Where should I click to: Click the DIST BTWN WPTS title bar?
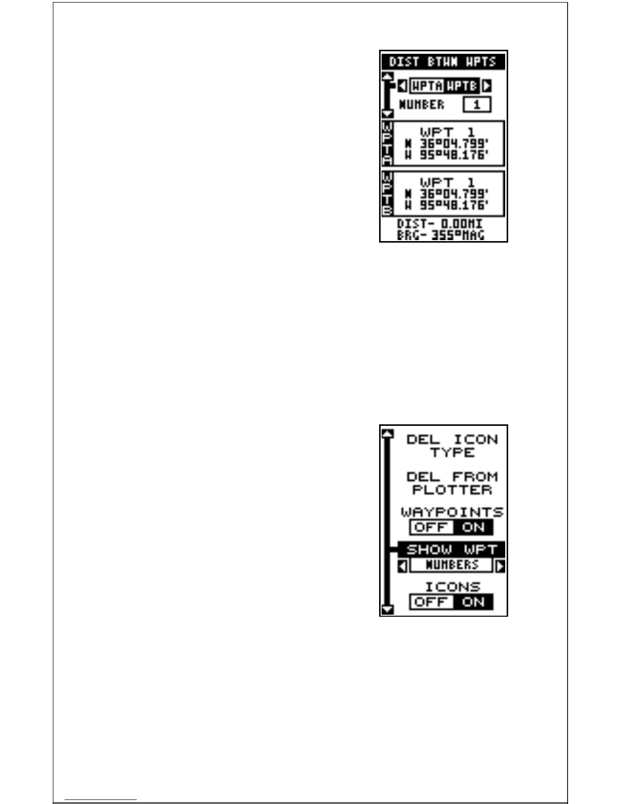tap(443, 61)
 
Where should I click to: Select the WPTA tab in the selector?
tap(426, 86)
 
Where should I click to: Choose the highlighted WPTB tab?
tap(462, 86)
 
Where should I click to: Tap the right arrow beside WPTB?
tap(487, 86)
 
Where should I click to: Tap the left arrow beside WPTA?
tap(402, 86)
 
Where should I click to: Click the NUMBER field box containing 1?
tap(477, 105)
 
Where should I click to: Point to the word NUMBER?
tap(421, 105)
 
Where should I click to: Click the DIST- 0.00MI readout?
tap(440, 224)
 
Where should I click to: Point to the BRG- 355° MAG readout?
tap(441, 235)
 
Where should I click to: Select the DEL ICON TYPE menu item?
tap(452, 446)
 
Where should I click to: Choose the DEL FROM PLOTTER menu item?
tap(452, 483)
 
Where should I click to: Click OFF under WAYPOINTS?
tap(431, 527)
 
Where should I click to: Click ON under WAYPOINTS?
tap(473, 527)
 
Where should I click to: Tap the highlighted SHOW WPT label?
tap(451, 549)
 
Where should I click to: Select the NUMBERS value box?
tap(451, 565)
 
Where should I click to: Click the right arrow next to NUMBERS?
tap(500, 565)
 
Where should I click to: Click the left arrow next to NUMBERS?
tap(402, 565)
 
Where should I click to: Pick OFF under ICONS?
tap(431, 602)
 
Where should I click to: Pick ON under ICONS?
tap(473, 602)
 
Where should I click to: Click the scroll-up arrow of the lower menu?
tap(388, 434)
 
